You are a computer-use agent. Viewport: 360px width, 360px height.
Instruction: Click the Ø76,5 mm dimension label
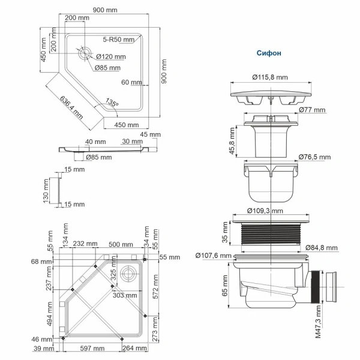(314, 157)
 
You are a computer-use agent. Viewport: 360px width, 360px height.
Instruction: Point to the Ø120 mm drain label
(111, 56)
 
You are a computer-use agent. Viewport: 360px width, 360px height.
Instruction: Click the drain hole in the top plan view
(83, 52)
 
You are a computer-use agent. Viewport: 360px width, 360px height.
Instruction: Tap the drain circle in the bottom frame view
(128, 273)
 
